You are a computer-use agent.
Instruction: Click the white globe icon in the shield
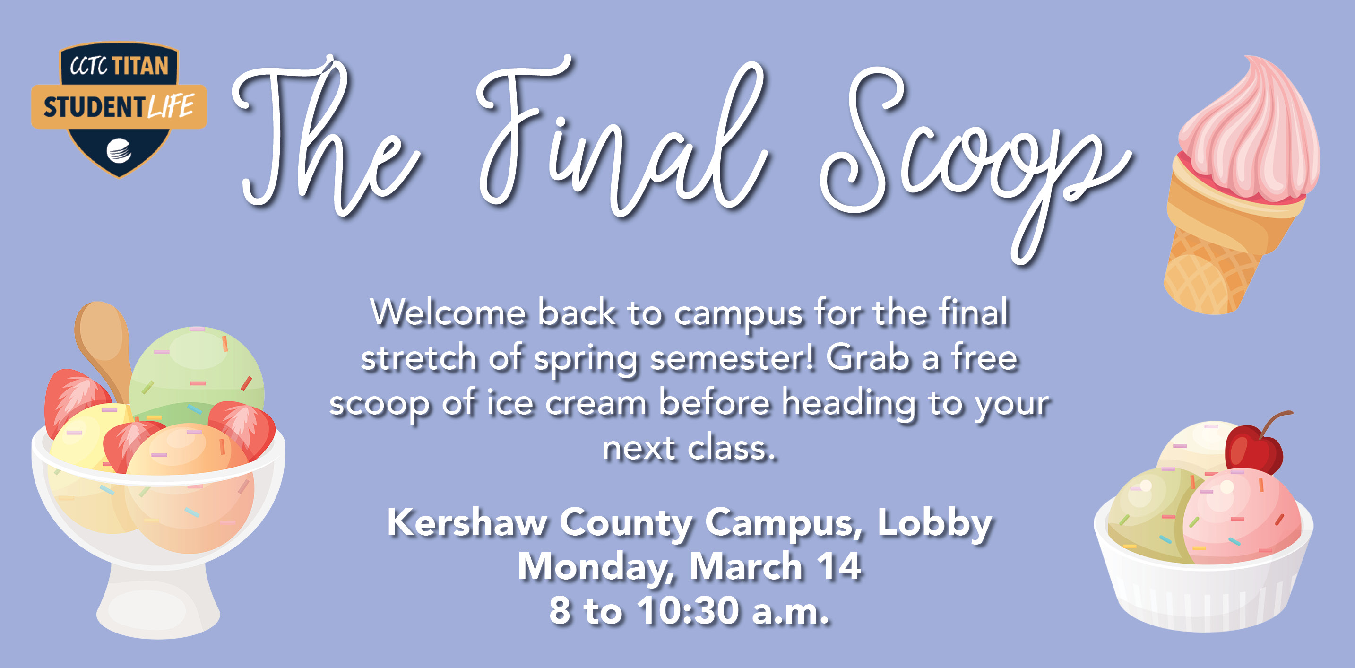point(120,150)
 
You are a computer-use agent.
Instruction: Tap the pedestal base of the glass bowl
point(158,605)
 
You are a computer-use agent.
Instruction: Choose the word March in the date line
point(746,567)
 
